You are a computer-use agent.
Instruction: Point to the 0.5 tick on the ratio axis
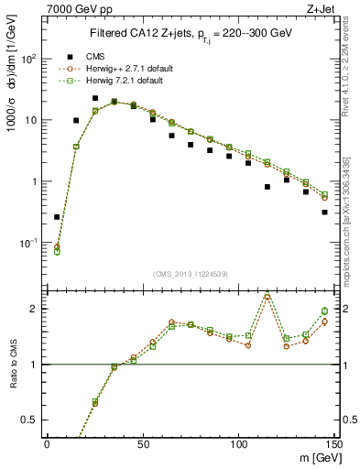pos(34,420)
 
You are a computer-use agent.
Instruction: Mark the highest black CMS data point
pos(95,98)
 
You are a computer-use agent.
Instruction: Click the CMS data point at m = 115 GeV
pos(267,187)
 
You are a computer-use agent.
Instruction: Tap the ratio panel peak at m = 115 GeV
pos(267,296)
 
